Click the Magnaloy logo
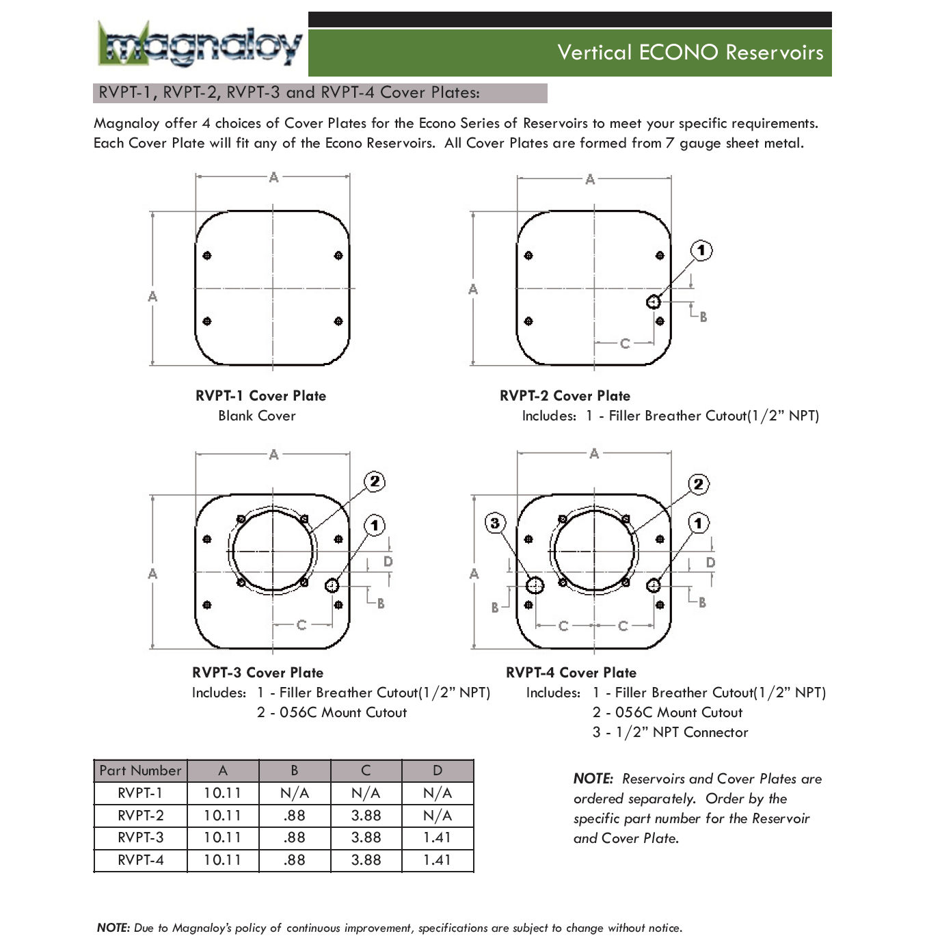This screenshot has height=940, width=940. tap(200, 45)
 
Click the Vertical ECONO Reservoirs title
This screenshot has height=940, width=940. tap(690, 53)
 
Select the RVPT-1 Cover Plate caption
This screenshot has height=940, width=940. tap(260, 396)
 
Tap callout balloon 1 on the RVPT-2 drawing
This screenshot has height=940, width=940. tap(701, 250)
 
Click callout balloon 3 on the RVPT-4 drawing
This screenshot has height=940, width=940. tap(495, 524)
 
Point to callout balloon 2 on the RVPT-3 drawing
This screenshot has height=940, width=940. tap(374, 481)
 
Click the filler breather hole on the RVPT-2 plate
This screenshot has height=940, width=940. tap(654, 301)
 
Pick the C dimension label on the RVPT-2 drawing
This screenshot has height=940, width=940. tap(624, 343)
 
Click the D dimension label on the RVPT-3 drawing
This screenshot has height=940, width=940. tap(388, 561)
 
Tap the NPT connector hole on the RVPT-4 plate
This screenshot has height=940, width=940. tap(535, 585)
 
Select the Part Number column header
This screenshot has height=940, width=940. tap(140, 770)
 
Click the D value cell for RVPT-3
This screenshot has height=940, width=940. tap(437, 837)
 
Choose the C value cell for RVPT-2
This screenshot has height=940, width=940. tap(366, 816)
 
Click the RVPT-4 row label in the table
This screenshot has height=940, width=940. tap(140, 860)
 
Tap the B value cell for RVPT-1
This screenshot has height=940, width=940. tap(295, 793)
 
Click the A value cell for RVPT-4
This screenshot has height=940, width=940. tap(223, 860)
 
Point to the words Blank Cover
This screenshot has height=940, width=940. tap(257, 416)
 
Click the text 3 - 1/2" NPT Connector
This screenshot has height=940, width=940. tap(670, 732)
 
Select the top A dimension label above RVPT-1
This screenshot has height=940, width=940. tap(273, 177)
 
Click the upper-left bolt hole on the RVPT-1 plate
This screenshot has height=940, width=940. tap(207, 256)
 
